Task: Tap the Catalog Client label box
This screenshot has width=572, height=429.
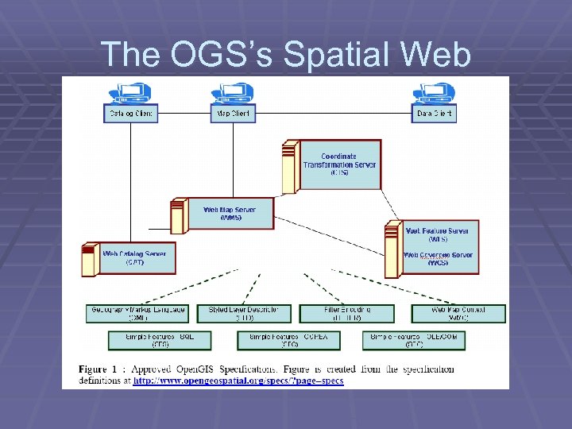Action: [x=131, y=114]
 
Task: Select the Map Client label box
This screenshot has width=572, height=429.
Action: [x=233, y=114]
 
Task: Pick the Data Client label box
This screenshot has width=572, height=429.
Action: [x=435, y=114]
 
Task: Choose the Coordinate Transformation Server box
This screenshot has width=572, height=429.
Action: [x=338, y=164]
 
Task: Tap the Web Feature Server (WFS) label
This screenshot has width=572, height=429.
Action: [x=437, y=234]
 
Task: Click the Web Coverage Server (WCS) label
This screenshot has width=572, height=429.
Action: [x=438, y=259]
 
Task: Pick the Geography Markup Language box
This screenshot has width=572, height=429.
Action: [x=137, y=313]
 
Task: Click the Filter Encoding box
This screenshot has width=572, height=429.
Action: [x=347, y=313]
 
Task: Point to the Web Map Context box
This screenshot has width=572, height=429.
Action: [x=458, y=313]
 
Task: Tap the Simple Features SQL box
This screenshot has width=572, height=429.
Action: [x=160, y=340]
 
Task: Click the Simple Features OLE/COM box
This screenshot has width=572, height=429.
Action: [x=414, y=340]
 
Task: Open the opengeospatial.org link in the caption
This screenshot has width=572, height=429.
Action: [x=238, y=381]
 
